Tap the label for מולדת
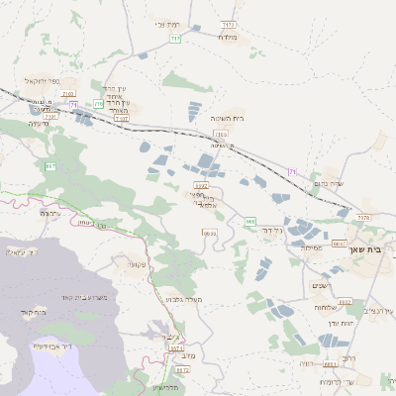[229, 37]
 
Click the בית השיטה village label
[227, 118]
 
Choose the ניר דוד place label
[271, 230]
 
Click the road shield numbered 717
[175, 38]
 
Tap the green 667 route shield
[49, 165]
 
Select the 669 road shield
[250, 221]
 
